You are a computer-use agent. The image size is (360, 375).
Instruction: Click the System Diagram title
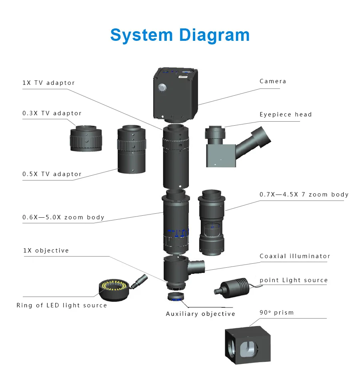180,35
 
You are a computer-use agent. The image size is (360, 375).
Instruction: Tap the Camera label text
273,81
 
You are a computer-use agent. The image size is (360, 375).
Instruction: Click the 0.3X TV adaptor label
52,113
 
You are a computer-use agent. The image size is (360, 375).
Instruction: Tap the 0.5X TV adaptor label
52,174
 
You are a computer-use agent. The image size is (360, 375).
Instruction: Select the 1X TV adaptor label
48,83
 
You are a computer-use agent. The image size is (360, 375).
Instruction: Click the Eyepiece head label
286,114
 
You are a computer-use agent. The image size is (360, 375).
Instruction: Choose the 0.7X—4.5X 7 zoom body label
304,195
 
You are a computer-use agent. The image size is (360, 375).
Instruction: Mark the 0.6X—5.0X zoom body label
63,217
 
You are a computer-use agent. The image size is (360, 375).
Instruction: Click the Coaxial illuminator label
295,256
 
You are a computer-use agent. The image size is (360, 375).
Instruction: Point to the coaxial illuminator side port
197,265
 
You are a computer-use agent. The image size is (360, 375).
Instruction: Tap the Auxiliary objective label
200,314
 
